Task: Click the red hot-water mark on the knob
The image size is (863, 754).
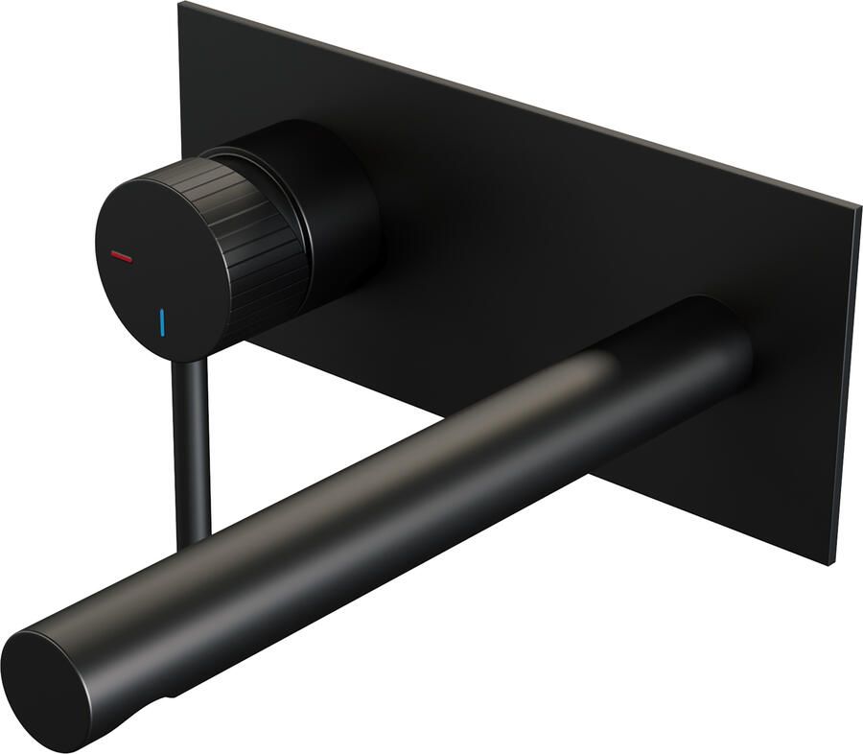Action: click(x=123, y=256)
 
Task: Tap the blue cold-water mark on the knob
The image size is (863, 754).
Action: click(x=163, y=321)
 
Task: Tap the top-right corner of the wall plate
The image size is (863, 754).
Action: click(x=855, y=204)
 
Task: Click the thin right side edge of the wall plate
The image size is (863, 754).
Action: click(x=844, y=384)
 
